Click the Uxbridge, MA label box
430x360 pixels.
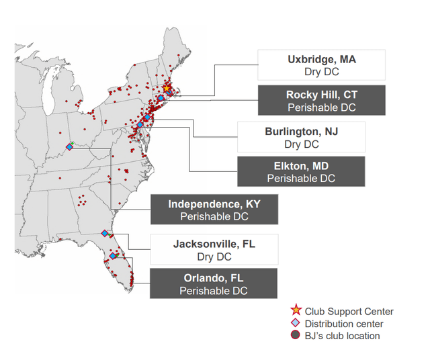pos(321,65)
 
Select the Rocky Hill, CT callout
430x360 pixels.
pos(321,101)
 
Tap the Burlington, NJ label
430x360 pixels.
pos(301,137)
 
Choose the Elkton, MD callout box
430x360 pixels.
pos(301,172)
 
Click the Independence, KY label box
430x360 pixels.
pos(214,210)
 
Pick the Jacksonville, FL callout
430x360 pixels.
pos(214,249)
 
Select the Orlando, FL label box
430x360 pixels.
pos(214,283)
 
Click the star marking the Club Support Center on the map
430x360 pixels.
pos(166,88)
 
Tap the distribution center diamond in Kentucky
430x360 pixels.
pos(69,146)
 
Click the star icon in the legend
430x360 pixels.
pos(296,311)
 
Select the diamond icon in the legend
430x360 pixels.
pos(296,324)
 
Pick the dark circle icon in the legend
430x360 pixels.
pos(296,336)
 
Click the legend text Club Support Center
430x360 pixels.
pos(349,312)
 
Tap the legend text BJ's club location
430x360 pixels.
pos(342,336)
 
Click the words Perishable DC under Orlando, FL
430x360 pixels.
pos(214,291)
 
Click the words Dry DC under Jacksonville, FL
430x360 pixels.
pos(214,257)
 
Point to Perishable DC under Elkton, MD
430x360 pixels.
pos(301,179)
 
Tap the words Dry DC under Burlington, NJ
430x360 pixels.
pos(301,144)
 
